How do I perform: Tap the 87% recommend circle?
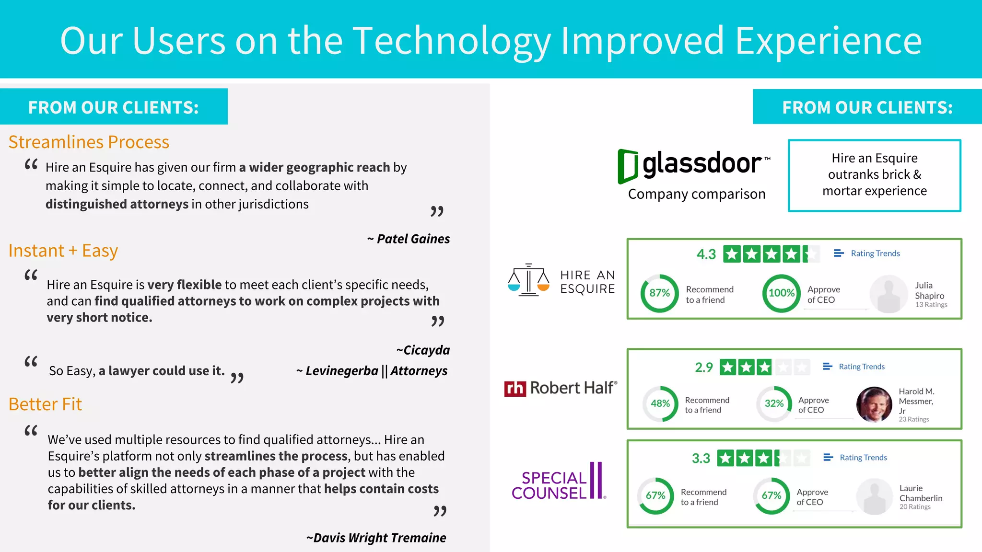[660, 293]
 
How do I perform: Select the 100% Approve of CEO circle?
[782, 293]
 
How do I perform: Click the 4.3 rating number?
[706, 254]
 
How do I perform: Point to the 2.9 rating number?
[704, 368]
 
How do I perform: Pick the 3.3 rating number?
[701, 459]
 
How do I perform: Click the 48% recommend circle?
[660, 403]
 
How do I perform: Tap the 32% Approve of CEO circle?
[774, 403]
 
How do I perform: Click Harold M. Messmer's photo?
[874, 404]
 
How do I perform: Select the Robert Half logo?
[561, 388]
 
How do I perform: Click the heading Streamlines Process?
[89, 142]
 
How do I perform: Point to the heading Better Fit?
[46, 404]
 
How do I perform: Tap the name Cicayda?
[426, 350]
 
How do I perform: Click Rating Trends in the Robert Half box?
[861, 367]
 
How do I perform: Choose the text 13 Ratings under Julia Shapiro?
[931, 305]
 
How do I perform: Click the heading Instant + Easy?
[63, 251]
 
